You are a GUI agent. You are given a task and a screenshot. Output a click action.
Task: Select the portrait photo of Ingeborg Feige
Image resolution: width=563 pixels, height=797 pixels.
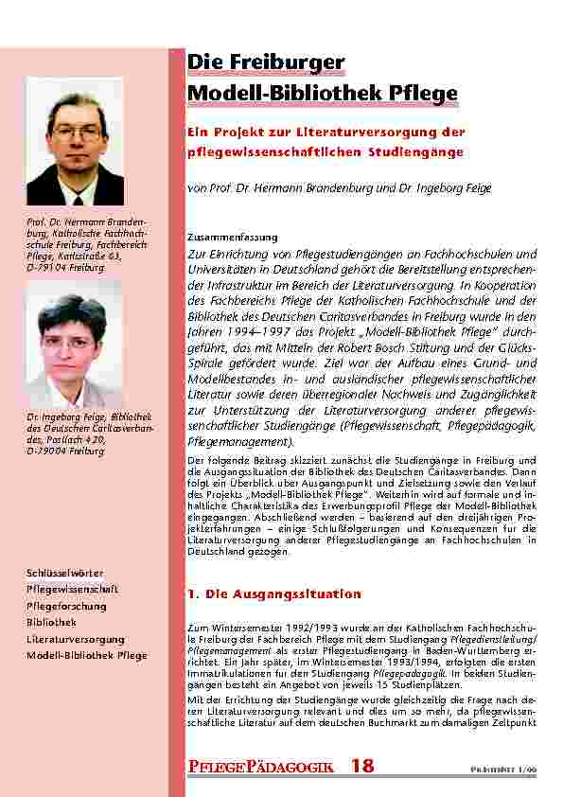[x=73, y=345]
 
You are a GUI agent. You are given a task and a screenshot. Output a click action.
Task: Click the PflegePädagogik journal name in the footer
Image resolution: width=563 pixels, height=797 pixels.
[x=260, y=768]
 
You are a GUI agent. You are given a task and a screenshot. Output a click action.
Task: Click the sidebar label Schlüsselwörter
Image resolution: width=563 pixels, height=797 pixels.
[x=65, y=574]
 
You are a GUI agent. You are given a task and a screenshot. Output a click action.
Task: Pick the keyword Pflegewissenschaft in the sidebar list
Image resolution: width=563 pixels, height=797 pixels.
[x=72, y=590]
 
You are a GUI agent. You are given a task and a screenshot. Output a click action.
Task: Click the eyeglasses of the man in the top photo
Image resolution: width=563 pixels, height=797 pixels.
[x=76, y=133]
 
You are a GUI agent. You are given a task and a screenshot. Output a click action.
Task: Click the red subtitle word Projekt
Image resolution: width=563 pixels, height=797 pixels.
[x=234, y=133]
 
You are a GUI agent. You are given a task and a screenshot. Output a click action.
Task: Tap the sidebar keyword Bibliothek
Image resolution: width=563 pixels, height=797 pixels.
[x=51, y=622]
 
